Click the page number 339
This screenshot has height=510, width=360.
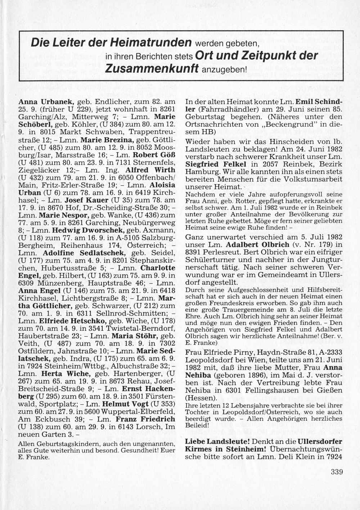[337, 472]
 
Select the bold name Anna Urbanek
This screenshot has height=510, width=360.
[46, 102]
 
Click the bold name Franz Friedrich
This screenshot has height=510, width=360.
[145, 419]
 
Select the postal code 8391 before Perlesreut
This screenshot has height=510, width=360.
[195, 252]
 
